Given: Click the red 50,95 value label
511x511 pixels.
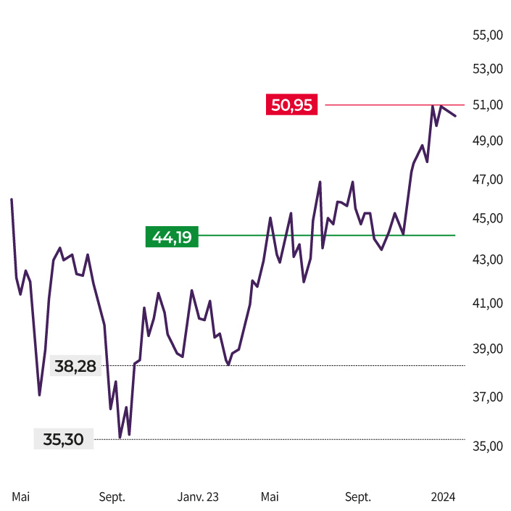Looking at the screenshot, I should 291,105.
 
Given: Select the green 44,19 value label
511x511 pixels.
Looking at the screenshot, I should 172,236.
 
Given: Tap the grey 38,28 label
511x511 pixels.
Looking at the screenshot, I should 75,367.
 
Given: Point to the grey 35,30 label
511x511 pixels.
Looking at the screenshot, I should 64,439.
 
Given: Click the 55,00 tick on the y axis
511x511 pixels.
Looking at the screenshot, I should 487,35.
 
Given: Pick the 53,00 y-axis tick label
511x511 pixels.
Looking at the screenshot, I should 487,69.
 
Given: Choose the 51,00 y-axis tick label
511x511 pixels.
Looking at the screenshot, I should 487,105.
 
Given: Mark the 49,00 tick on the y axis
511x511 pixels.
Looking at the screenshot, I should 487,141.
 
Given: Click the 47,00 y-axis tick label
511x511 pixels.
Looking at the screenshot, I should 487,179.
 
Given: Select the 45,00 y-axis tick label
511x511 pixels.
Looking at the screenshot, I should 487,218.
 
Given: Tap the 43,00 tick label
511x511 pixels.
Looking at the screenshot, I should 487,259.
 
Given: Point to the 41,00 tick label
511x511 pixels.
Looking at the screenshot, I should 487,303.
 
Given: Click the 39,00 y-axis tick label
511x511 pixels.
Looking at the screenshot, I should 487,349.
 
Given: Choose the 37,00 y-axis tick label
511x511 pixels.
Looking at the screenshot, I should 487,396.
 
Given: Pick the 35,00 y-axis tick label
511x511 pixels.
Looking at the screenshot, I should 487,446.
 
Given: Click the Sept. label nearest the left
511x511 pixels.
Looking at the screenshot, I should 112,497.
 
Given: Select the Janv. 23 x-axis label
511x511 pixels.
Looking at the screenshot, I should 198,497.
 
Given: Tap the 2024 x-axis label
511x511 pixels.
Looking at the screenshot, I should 443,497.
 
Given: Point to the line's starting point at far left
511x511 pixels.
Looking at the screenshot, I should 12,199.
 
